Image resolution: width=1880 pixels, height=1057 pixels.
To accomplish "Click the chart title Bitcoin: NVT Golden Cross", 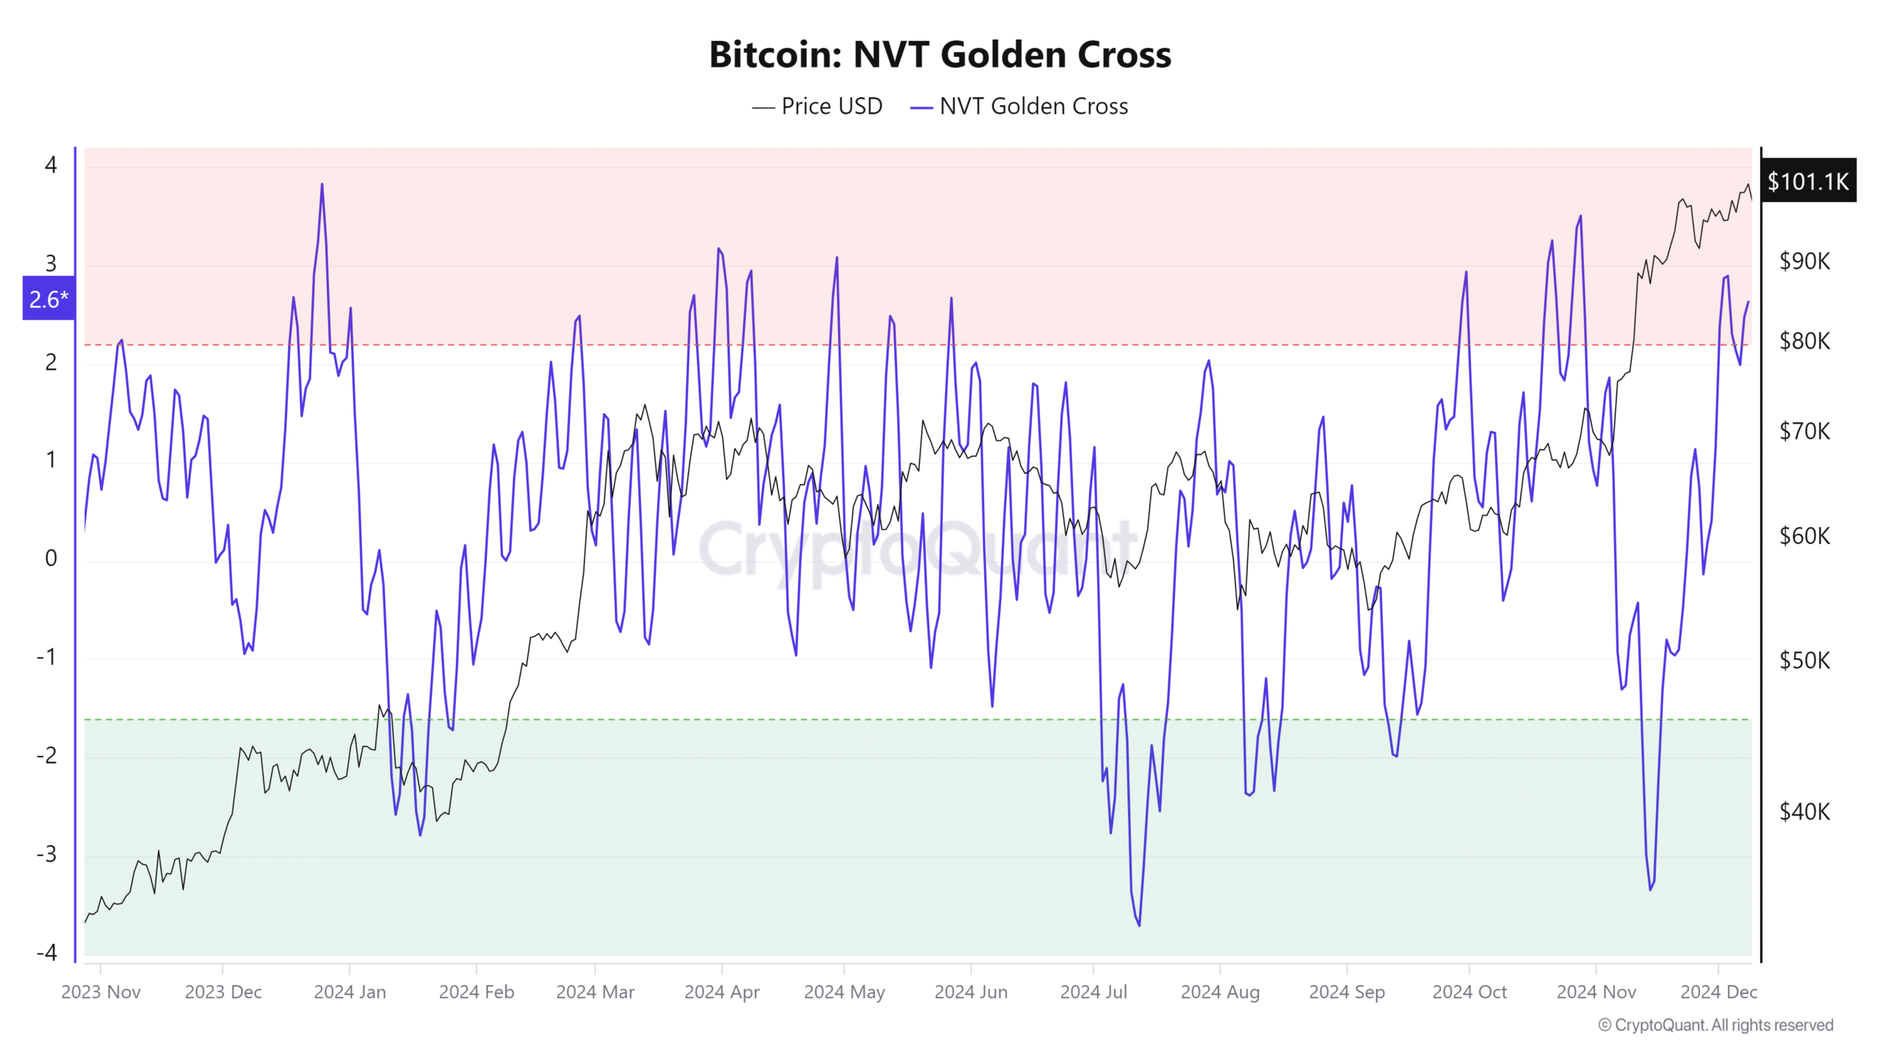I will pos(940,54).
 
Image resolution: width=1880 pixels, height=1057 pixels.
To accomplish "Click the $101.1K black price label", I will pos(1807,181).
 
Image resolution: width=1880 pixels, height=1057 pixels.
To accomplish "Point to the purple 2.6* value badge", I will pos(48,299).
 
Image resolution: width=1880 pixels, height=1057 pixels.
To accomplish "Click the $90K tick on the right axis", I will pos(1804,261).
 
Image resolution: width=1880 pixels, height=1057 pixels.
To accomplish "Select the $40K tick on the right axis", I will pos(1804,812).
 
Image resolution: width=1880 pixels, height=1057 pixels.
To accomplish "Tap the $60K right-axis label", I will pos(1804,536).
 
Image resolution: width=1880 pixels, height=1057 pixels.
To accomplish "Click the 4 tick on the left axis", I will pos(51,164).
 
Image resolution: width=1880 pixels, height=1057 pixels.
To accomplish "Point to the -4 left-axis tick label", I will pos(47,953).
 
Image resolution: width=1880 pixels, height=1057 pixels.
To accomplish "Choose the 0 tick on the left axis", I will pos(51,559).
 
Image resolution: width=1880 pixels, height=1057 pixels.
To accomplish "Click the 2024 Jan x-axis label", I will pos(350,992).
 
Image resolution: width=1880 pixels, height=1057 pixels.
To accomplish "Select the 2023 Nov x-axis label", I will pos(101,992).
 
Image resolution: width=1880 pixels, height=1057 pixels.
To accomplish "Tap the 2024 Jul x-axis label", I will pos(1093,992).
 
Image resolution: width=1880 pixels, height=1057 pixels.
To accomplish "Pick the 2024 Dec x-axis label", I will pos(1718,992).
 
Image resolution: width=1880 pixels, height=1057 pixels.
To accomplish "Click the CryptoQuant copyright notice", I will pos(1715,1025).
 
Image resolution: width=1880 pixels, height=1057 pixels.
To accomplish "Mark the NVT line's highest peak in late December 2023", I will pos(322,184).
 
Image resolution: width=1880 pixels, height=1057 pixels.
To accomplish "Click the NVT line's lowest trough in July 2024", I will pos(1139,925).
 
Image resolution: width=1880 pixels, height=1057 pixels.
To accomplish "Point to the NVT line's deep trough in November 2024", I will pos(1650,890).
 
